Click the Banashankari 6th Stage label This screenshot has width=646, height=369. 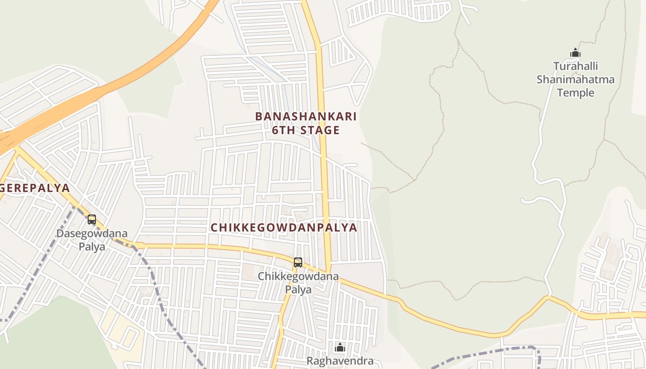tap(306, 123)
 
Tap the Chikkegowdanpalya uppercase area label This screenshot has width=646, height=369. tap(284, 227)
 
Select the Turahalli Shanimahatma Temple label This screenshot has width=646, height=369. tap(575, 79)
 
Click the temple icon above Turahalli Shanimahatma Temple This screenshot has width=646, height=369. tap(575, 53)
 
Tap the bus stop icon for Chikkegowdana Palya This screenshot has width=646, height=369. tap(298, 262)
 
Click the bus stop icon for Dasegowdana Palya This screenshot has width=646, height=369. tap(92, 220)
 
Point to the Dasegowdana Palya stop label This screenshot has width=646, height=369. tap(92, 240)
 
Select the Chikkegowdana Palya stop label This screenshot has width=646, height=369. tap(298, 283)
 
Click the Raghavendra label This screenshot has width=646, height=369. tap(341, 361)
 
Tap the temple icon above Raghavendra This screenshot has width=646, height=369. tap(340, 347)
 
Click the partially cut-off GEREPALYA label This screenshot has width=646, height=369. tap(35, 188)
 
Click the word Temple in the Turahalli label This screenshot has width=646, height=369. tap(575, 93)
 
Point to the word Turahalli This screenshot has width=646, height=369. tap(575, 66)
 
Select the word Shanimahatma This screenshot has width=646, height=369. tap(575, 79)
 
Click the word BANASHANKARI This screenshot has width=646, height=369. tap(306, 116)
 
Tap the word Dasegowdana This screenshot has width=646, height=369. tap(92, 233)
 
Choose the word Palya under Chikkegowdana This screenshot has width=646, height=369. tap(298, 290)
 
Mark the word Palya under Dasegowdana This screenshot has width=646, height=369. tap(92, 247)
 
